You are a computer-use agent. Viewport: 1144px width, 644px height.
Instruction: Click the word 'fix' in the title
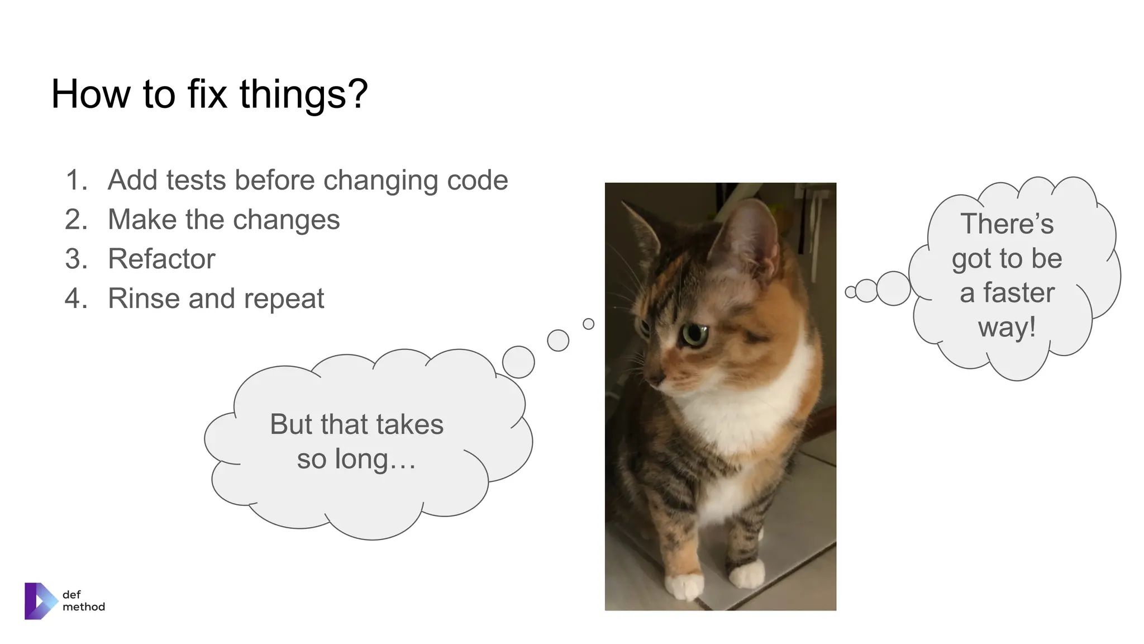click(x=207, y=94)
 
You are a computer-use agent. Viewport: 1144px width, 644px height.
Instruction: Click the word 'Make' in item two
click(x=141, y=220)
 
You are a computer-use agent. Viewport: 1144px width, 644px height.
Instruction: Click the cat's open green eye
click(x=694, y=334)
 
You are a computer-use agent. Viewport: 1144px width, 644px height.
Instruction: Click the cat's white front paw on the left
click(x=684, y=586)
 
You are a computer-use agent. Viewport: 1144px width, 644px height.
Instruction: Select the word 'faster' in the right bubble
click(x=1019, y=293)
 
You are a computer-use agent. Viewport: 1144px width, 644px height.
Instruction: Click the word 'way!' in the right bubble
click(x=1007, y=327)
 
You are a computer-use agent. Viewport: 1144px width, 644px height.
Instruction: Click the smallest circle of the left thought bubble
click(x=588, y=324)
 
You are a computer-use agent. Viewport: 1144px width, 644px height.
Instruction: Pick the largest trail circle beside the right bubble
click(x=893, y=288)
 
